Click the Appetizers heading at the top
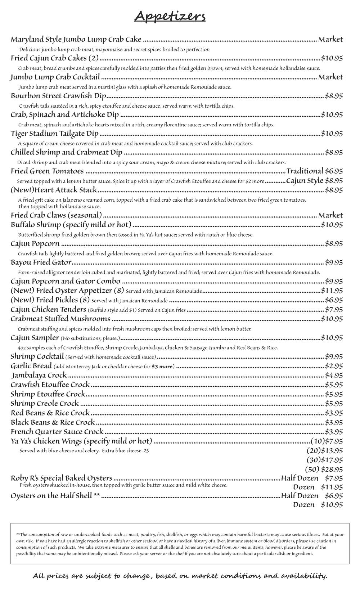pyautogui.click(x=170, y=17)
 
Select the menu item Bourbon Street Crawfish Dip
pyautogui.click(x=58, y=96)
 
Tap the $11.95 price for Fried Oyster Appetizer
pyautogui.click(x=332, y=291)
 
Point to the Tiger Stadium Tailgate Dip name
pyautogui.click(x=54, y=134)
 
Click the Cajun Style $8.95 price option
pyautogui.click(x=314, y=180)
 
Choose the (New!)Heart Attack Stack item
pyautogui.click(x=54, y=190)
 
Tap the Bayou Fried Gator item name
pyautogui.click(x=41, y=262)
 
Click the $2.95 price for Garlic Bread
pyautogui.click(x=334, y=366)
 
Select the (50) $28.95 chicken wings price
pyautogui.click(x=324, y=469)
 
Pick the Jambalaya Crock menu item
pyautogui.click(x=39, y=375)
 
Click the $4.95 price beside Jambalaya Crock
pyautogui.click(x=334, y=375)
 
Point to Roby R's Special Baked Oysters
pyautogui.click(x=61, y=478)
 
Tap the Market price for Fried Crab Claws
pyautogui.click(x=330, y=215)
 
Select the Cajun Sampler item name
pyautogui.click(x=35, y=338)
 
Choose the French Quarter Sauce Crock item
pyautogui.click(x=57, y=431)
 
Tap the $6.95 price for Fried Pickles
pyautogui.click(x=334, y=300)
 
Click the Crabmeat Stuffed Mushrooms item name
pyautogui.click(x=60, y=319)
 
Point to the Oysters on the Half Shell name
pyautogui.click(x=55, y=496)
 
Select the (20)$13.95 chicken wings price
pyautogui.click(x=325, y=450)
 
